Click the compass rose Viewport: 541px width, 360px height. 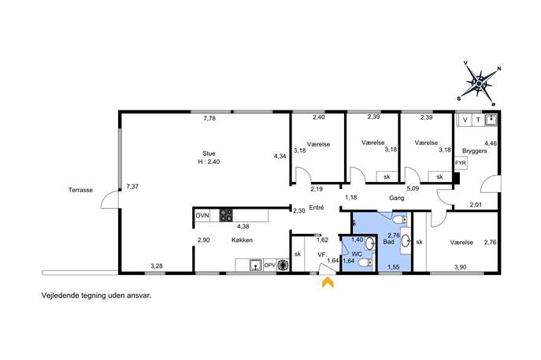(479, 83)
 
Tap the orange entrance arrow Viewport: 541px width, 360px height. (328, 282)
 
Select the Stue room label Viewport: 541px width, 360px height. (209, 154)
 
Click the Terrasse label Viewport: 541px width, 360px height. (80, 190)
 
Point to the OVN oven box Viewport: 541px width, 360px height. (202, 216)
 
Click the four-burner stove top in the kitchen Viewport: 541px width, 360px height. (226, 216)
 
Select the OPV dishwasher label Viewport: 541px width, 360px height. (270, 265)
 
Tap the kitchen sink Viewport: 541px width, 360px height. (256, 265)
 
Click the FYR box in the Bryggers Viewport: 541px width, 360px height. (460, 163)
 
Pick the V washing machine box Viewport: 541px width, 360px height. (465, 120)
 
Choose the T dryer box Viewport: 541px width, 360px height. (478, 120)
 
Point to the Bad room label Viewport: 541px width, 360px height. (388, 242)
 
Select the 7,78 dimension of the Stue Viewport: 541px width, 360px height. (209, 118)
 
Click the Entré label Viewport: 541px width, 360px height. (317, 207)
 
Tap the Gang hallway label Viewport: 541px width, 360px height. (396, 198)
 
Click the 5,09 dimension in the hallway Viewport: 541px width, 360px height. (413, 188)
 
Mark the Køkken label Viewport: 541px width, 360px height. (242, 240)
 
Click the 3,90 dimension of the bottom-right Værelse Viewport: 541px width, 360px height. (460, 267)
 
